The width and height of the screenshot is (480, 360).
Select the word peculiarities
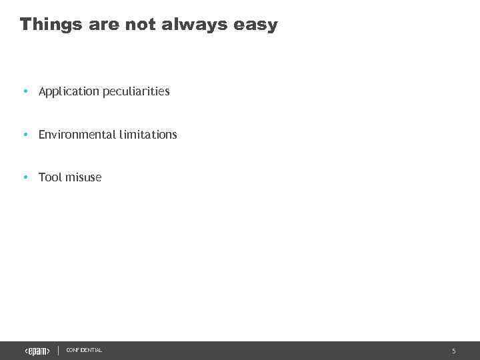point(136,91)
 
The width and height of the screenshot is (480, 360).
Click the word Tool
point(49,177)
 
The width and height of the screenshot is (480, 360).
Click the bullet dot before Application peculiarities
point(25,91)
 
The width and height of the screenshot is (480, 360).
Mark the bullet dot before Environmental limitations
point(25,135)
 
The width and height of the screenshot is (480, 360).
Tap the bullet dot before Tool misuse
point(25,177)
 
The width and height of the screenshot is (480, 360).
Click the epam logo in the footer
point(37,351)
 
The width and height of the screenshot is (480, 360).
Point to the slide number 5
point(454,351)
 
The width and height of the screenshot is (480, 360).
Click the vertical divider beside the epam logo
point(59,351)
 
